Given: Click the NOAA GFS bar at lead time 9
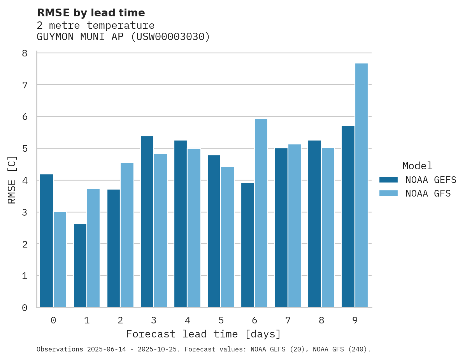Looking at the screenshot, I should (361, 185).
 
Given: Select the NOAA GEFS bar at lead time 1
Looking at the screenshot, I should (80, 266).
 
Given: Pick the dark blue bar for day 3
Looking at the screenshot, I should (147, 222).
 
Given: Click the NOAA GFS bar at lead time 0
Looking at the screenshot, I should (60, 260).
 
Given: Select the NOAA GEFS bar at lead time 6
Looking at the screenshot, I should (247, 245).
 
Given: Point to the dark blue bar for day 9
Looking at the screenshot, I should (348, 217).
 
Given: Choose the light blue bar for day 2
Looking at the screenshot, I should (127, 235).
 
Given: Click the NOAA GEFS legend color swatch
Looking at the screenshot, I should (388, 179).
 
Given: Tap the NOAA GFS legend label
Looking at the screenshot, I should (428, 193).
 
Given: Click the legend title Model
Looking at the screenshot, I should (417, 166).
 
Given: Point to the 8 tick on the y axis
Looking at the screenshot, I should (25, 53).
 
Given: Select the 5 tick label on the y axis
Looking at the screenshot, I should (25, 149).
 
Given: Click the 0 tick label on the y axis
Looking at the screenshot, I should (25, 308).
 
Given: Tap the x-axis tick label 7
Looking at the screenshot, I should (288, 320).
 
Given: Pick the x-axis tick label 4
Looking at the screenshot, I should (188, 320).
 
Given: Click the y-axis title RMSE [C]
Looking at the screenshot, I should (12, 179).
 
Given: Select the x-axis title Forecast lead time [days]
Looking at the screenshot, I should (203, 334).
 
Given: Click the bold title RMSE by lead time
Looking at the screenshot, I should (91, 13).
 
